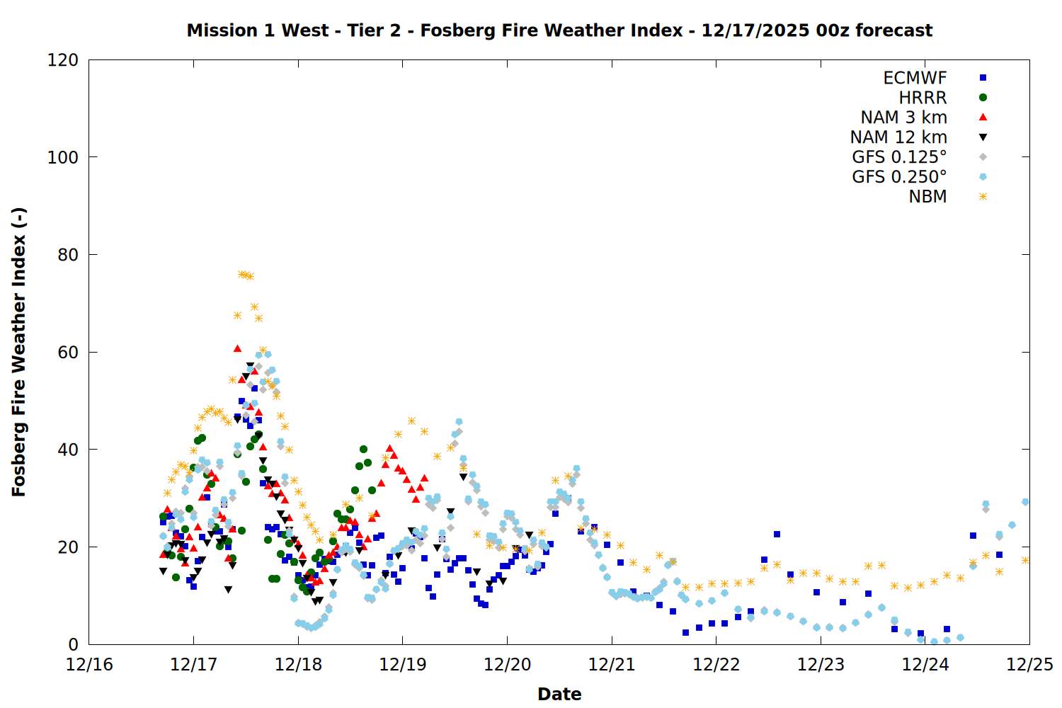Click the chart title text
coord(559,30)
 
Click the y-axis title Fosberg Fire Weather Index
coord(18,352)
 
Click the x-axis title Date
coord(559,694)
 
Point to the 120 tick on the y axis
coord(63,60)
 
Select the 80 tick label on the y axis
coord(68,255)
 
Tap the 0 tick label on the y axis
coord(73,644)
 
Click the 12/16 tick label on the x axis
coord(89,665)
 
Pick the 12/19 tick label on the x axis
coord(402,665)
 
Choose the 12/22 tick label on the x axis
coord(716,665)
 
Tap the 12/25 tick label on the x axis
coord(1029,665)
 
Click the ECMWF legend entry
coord(915,78)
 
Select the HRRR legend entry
coord(923,98)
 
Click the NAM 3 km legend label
coord(903,118)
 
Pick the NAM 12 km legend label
coord(898,137)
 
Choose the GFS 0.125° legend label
coord(899,157)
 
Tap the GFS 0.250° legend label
coord(899,177)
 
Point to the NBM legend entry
coord(927,197)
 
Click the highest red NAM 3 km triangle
coord(237,348)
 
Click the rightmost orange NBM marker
coord(1025,560)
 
